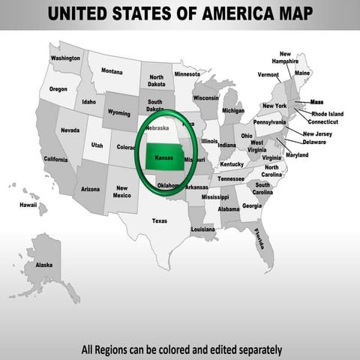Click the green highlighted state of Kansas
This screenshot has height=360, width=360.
click(x=167, y=157)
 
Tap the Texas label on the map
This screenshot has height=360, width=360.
click(x=160, y=220)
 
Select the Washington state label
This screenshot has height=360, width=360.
click(x=66, y=58)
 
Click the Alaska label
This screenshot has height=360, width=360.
click(x=44, y=265)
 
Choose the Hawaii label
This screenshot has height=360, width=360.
click(x=28, y=204)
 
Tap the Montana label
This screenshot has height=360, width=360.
click(x=112, y=71)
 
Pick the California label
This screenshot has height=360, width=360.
click(x=55, y=159)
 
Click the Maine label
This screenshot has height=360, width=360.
click(x=301, y=73)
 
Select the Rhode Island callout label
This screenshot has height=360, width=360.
click(x=327, y=114)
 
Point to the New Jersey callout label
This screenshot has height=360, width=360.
click(x=317, y=133)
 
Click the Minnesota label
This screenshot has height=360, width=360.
click(x=187, y=74)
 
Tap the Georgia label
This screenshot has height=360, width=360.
click(x=252, y=205)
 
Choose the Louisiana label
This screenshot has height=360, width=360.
click(x=202, y=229)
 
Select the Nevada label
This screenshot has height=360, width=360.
click(x=70, y=130)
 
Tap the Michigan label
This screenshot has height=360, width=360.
click(x=232, y=110)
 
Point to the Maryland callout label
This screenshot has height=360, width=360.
click(x=297, y=154)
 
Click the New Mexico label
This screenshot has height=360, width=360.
click(x=121, y=192)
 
